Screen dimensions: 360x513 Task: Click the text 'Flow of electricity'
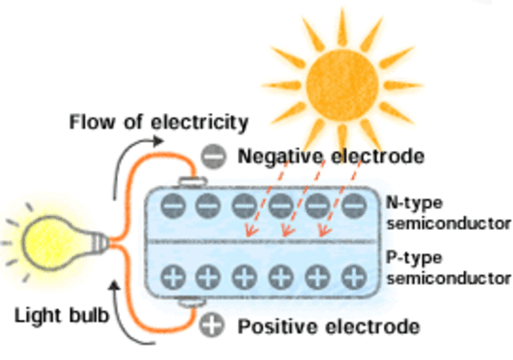tap(158, 123)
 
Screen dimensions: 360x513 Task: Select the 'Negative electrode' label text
tap(330, 156)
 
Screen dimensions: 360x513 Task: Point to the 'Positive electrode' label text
tap(329, 327)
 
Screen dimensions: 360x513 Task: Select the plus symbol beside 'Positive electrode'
tap(212, 326)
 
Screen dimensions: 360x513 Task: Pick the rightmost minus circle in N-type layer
tap(353, 207)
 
